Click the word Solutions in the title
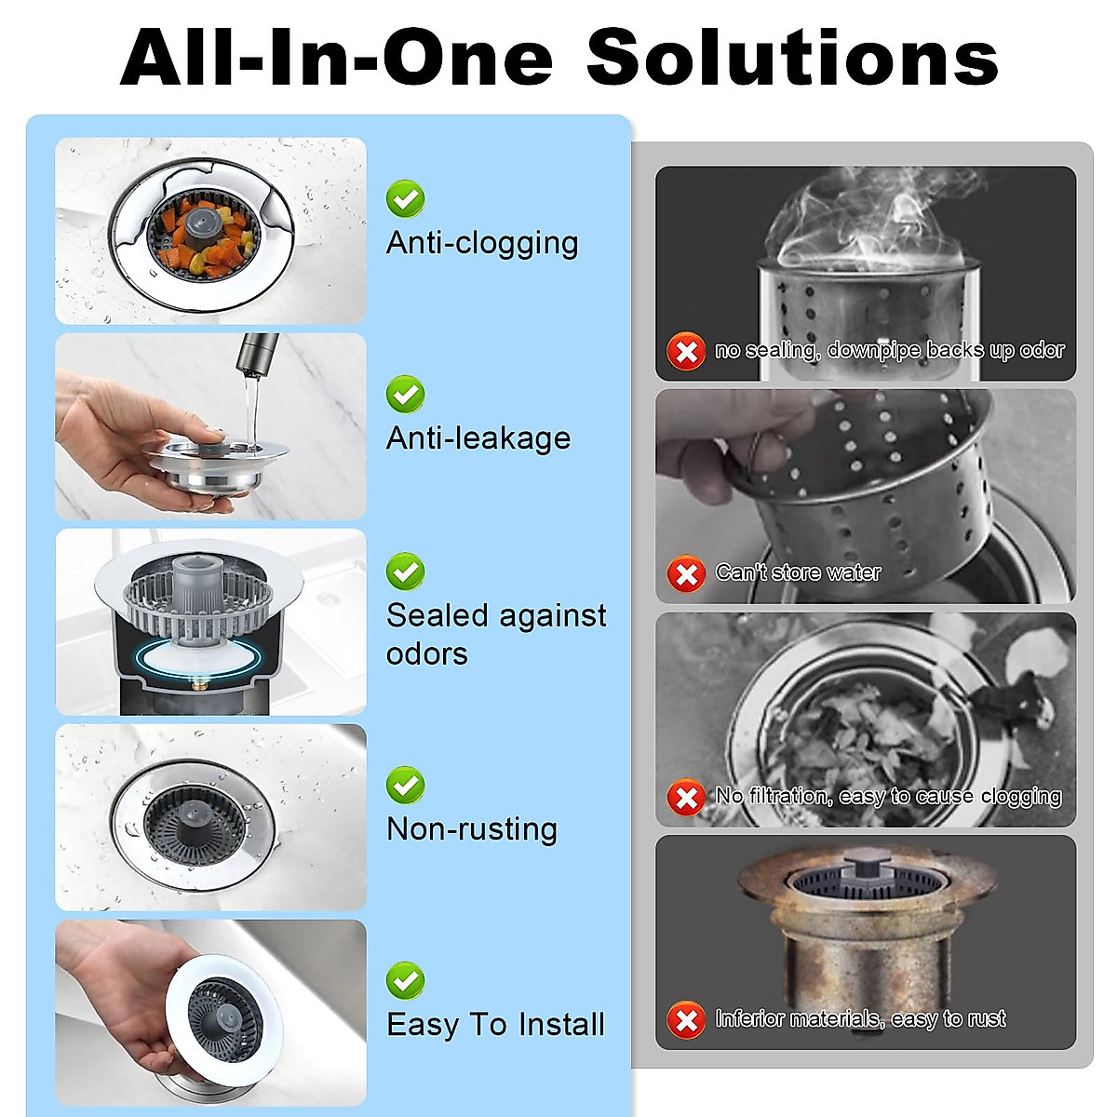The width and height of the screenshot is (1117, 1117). (792, 58)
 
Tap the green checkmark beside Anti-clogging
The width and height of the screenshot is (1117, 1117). (406, 199)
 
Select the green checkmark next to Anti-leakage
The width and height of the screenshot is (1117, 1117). (406, 395)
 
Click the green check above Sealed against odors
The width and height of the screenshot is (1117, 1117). (406, 572)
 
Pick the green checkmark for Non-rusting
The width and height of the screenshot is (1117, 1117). (406, 786)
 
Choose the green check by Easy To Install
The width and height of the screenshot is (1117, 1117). (406, 981)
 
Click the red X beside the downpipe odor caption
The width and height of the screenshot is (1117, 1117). (686, 352)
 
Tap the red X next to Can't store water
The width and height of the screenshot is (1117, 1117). (686, 574)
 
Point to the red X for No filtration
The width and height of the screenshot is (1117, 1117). (686, 798)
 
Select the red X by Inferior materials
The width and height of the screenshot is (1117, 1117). (686, 1020)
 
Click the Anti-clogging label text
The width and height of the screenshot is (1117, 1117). (482, 243)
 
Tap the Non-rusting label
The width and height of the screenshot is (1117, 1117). (472, 829)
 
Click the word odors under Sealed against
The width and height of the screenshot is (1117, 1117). (427, 654)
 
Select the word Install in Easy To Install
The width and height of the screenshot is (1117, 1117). (561, 1025)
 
